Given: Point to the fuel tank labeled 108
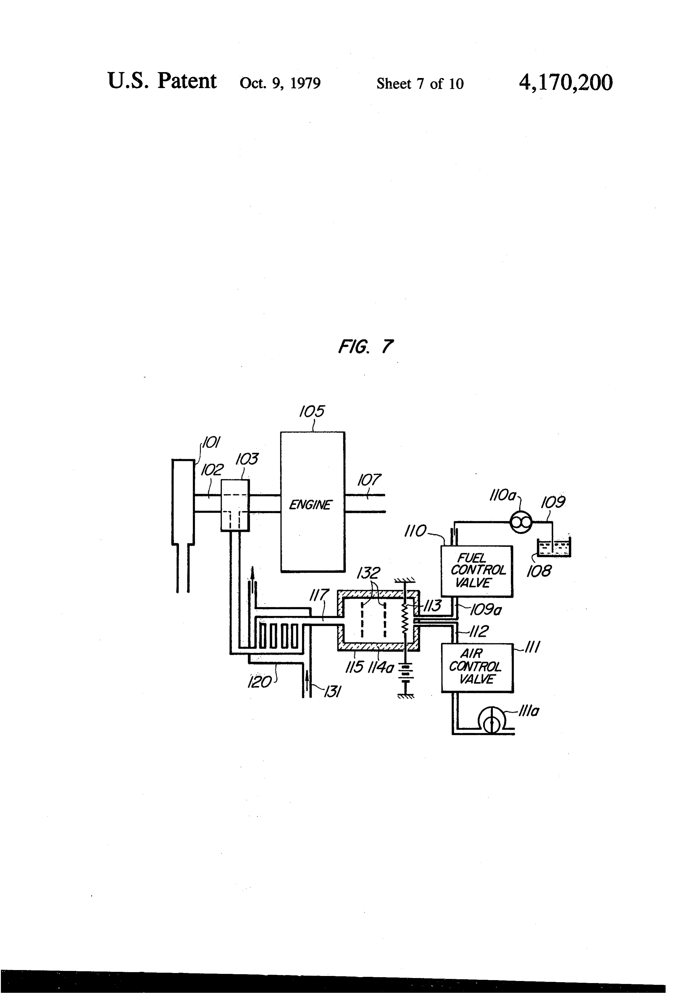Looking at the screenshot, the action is coord(554,547).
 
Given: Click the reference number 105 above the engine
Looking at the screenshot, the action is coord(312,411).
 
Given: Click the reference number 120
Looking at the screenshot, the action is coord(259,683).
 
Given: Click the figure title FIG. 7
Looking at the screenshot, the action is coord(365,347).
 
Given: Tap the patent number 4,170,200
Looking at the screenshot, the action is coord(566,82).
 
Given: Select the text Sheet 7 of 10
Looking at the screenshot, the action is coord(420,84).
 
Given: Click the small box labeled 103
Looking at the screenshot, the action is coord(235,505).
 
